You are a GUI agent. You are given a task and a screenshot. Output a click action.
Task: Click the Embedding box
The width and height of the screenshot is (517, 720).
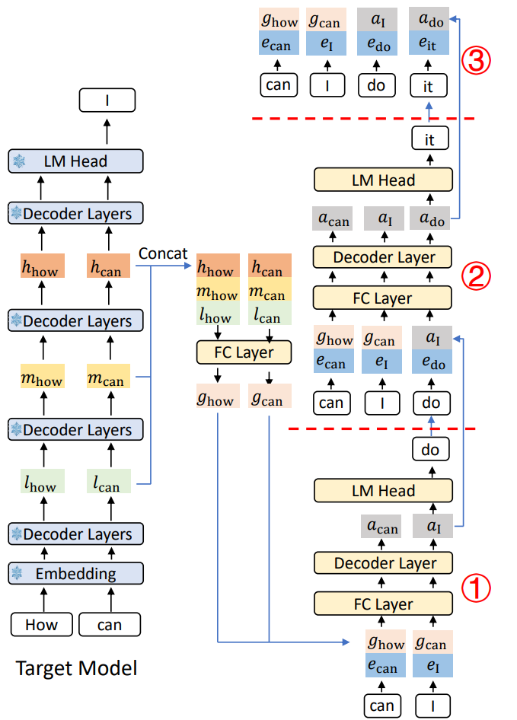pos(76,574)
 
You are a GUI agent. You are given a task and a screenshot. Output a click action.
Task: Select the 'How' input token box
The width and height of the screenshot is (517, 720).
pos(41,625)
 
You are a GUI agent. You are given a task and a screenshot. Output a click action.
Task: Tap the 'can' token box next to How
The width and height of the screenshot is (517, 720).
pos(110,625)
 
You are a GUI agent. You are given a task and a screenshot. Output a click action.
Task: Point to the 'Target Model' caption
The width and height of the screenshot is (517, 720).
pos(76,668)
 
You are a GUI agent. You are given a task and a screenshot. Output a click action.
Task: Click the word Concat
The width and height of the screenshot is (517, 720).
pos(163,253)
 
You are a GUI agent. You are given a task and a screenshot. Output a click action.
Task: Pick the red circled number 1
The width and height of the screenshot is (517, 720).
pos(476,588)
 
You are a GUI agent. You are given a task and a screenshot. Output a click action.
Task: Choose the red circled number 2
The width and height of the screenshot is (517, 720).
pos(476,276)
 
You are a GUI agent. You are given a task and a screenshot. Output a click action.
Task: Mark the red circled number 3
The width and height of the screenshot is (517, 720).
pos(476,61)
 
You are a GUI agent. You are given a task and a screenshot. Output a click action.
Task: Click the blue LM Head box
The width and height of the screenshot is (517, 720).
pos(76,161)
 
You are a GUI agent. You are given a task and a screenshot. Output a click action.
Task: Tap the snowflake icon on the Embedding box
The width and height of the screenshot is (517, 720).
pos(17,573)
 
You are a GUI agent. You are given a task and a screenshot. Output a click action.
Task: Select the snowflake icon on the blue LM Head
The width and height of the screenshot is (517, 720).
pos(19,161)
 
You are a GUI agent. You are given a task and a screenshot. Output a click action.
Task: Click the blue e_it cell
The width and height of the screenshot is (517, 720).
pos(429,43)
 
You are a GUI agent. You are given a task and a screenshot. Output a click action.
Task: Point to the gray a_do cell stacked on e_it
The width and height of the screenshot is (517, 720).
pos(429,19)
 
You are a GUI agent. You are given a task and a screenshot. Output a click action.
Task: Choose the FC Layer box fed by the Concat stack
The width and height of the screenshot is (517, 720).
pos(244,352)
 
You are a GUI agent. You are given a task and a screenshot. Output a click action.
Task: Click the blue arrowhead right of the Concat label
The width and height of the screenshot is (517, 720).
pos(188,266)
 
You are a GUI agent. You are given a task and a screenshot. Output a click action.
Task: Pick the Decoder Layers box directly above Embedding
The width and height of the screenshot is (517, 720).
pos(76,534)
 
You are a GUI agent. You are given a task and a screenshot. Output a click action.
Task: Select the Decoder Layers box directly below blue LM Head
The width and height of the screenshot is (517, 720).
pos(76,214)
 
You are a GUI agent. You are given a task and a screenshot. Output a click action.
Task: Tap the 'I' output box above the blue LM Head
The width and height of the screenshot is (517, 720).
pos(107,100)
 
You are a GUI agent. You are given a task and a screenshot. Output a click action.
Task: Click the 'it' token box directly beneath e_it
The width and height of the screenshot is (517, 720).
pos(429,86)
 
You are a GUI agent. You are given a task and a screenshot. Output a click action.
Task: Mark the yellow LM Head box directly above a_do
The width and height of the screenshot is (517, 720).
pos(383,180)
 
